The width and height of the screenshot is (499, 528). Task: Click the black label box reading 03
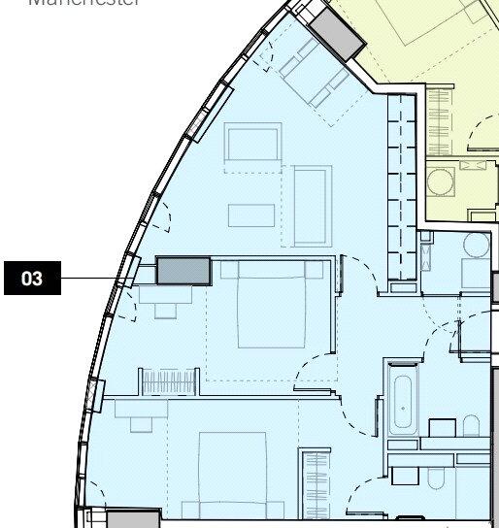pyautogui.click(x=32, y=279)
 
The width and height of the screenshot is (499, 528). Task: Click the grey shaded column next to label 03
pyautogui.click(x=184, y=271)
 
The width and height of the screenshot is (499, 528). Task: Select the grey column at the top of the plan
pyautogui.click(x=335, y=37)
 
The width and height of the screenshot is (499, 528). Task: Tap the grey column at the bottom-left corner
pyautogui.click(x=133, y=519)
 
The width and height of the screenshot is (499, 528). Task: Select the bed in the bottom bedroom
pyautogui.click(x=232, y=476)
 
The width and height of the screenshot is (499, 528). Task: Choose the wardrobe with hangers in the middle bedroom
pyautogui.click(x=168, y=381)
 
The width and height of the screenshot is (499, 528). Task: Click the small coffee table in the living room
pyautogui.click(x=251, y=214)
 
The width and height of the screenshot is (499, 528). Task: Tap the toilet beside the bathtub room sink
pyautogui.click(x=471, y=427)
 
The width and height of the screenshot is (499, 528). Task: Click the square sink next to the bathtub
pyautogui.click(x=443, y=428)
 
